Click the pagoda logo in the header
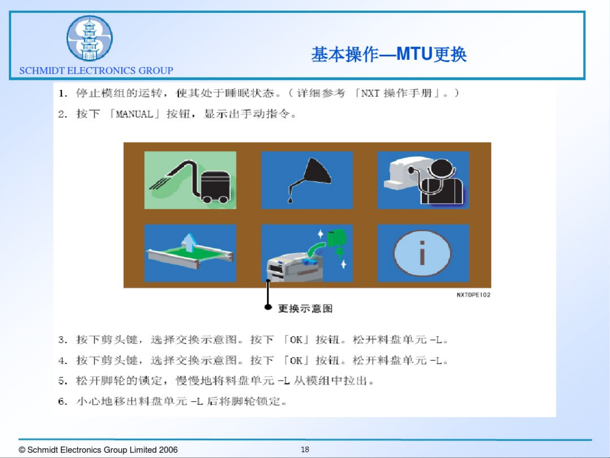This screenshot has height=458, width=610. click(x=89, y=38)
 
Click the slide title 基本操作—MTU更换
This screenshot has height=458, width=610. click(x=389, y=54)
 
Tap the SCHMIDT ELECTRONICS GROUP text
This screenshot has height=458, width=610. click(x=96, y=70)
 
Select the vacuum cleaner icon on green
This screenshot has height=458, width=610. click(x=190, y=180)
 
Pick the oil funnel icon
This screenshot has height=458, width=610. click(x=307, y=180)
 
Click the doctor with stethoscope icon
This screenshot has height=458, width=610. click(x=423, y=180)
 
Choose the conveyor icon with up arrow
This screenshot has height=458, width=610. click(x=190, y=253)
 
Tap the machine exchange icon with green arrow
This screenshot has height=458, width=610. click(x=307, y=253)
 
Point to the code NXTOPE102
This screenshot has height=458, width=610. click(x=473, y=295)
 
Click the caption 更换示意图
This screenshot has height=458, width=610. click(x=305, y=308)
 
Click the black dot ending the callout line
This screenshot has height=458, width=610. click(x=268, y=307)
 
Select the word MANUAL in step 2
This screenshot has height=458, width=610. click(x=134, y=114)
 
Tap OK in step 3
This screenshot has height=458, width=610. click(x=296, y=340)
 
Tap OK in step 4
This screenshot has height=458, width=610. click(x=296, y=361)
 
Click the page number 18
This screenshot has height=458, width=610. click(x=305, y=449)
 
